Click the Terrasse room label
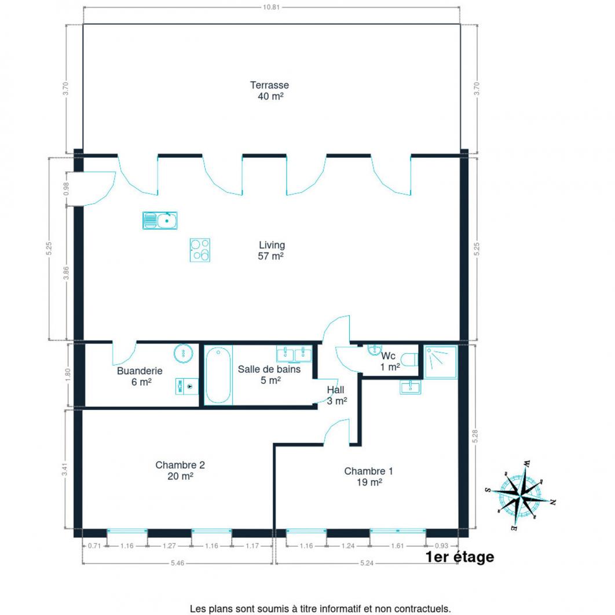tap(269, 85)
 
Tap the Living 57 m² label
tap(271, 251)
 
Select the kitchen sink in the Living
tap(160, 221)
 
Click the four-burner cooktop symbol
tap(200, 250)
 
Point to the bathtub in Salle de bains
tap(218, 375)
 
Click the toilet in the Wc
tap(410, 360)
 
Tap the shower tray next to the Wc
tap(441, 362)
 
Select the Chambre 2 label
tap(180, 465)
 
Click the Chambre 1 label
tap(369, 471)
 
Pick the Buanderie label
tap(140, 371)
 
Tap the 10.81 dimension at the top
tap(271, 7)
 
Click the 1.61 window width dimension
tap(397, 546)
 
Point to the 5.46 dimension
tap(177, 563)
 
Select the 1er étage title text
tap(460, 557)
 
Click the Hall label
tap(336, 390)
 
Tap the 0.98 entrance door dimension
tap(66, 189)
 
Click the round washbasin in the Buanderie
tap(183, 353)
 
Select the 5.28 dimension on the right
tap(475, 436)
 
